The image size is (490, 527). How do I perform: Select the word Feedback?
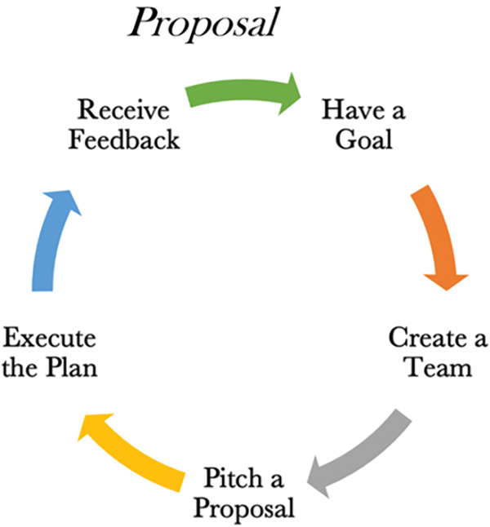pos(122,139)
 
